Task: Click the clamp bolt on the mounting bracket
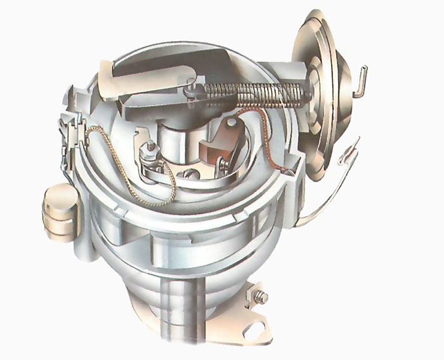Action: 261,297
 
